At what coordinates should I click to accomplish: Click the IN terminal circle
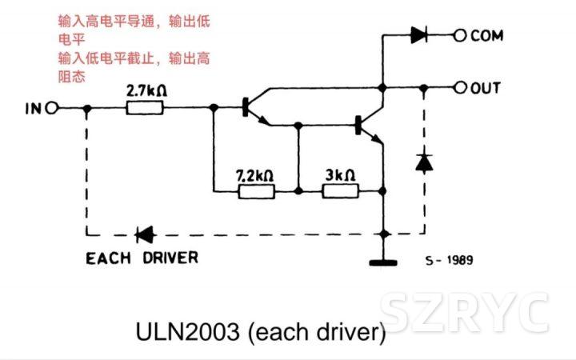52,108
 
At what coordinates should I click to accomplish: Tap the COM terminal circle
459,35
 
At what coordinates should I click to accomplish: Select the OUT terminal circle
459,87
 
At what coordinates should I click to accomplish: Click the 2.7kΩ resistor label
147,92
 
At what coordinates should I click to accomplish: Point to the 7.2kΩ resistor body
257,191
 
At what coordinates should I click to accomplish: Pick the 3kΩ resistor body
340,191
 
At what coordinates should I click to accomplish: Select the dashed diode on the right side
422,162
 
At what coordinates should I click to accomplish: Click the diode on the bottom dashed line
145,234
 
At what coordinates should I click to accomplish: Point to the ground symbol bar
385,262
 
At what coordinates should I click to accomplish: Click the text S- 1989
450,260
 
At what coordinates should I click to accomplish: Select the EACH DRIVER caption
142,258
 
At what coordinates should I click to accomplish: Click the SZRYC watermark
464,312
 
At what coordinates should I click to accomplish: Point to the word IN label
32,108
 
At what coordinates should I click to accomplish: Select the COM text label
488,35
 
